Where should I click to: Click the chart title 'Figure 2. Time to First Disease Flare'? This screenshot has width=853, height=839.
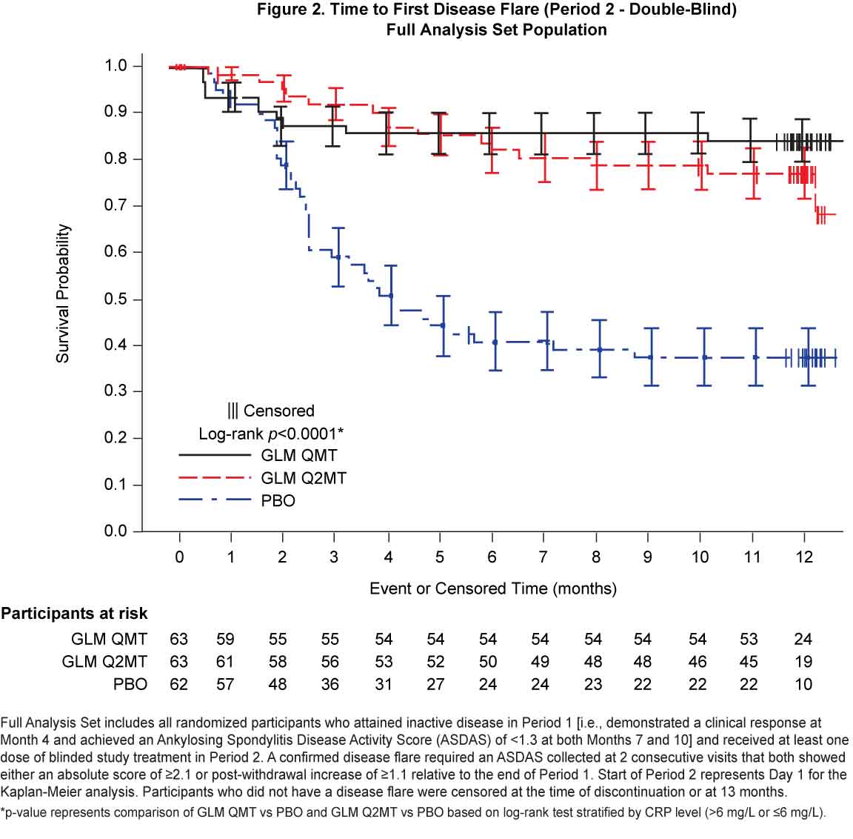pos(497,10)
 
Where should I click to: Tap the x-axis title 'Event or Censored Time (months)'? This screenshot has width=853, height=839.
pos(492,588)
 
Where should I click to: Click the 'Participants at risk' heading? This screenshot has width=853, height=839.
pos(74,614)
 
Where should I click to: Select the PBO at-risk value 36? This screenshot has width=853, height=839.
pos(330,684)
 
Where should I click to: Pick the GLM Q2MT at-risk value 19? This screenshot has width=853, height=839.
pos(803,661)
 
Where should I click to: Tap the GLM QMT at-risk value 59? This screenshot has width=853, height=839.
pos(225,639)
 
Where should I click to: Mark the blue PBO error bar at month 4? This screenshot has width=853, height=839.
pos(390,295)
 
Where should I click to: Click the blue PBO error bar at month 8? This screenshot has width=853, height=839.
pos(599,349)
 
